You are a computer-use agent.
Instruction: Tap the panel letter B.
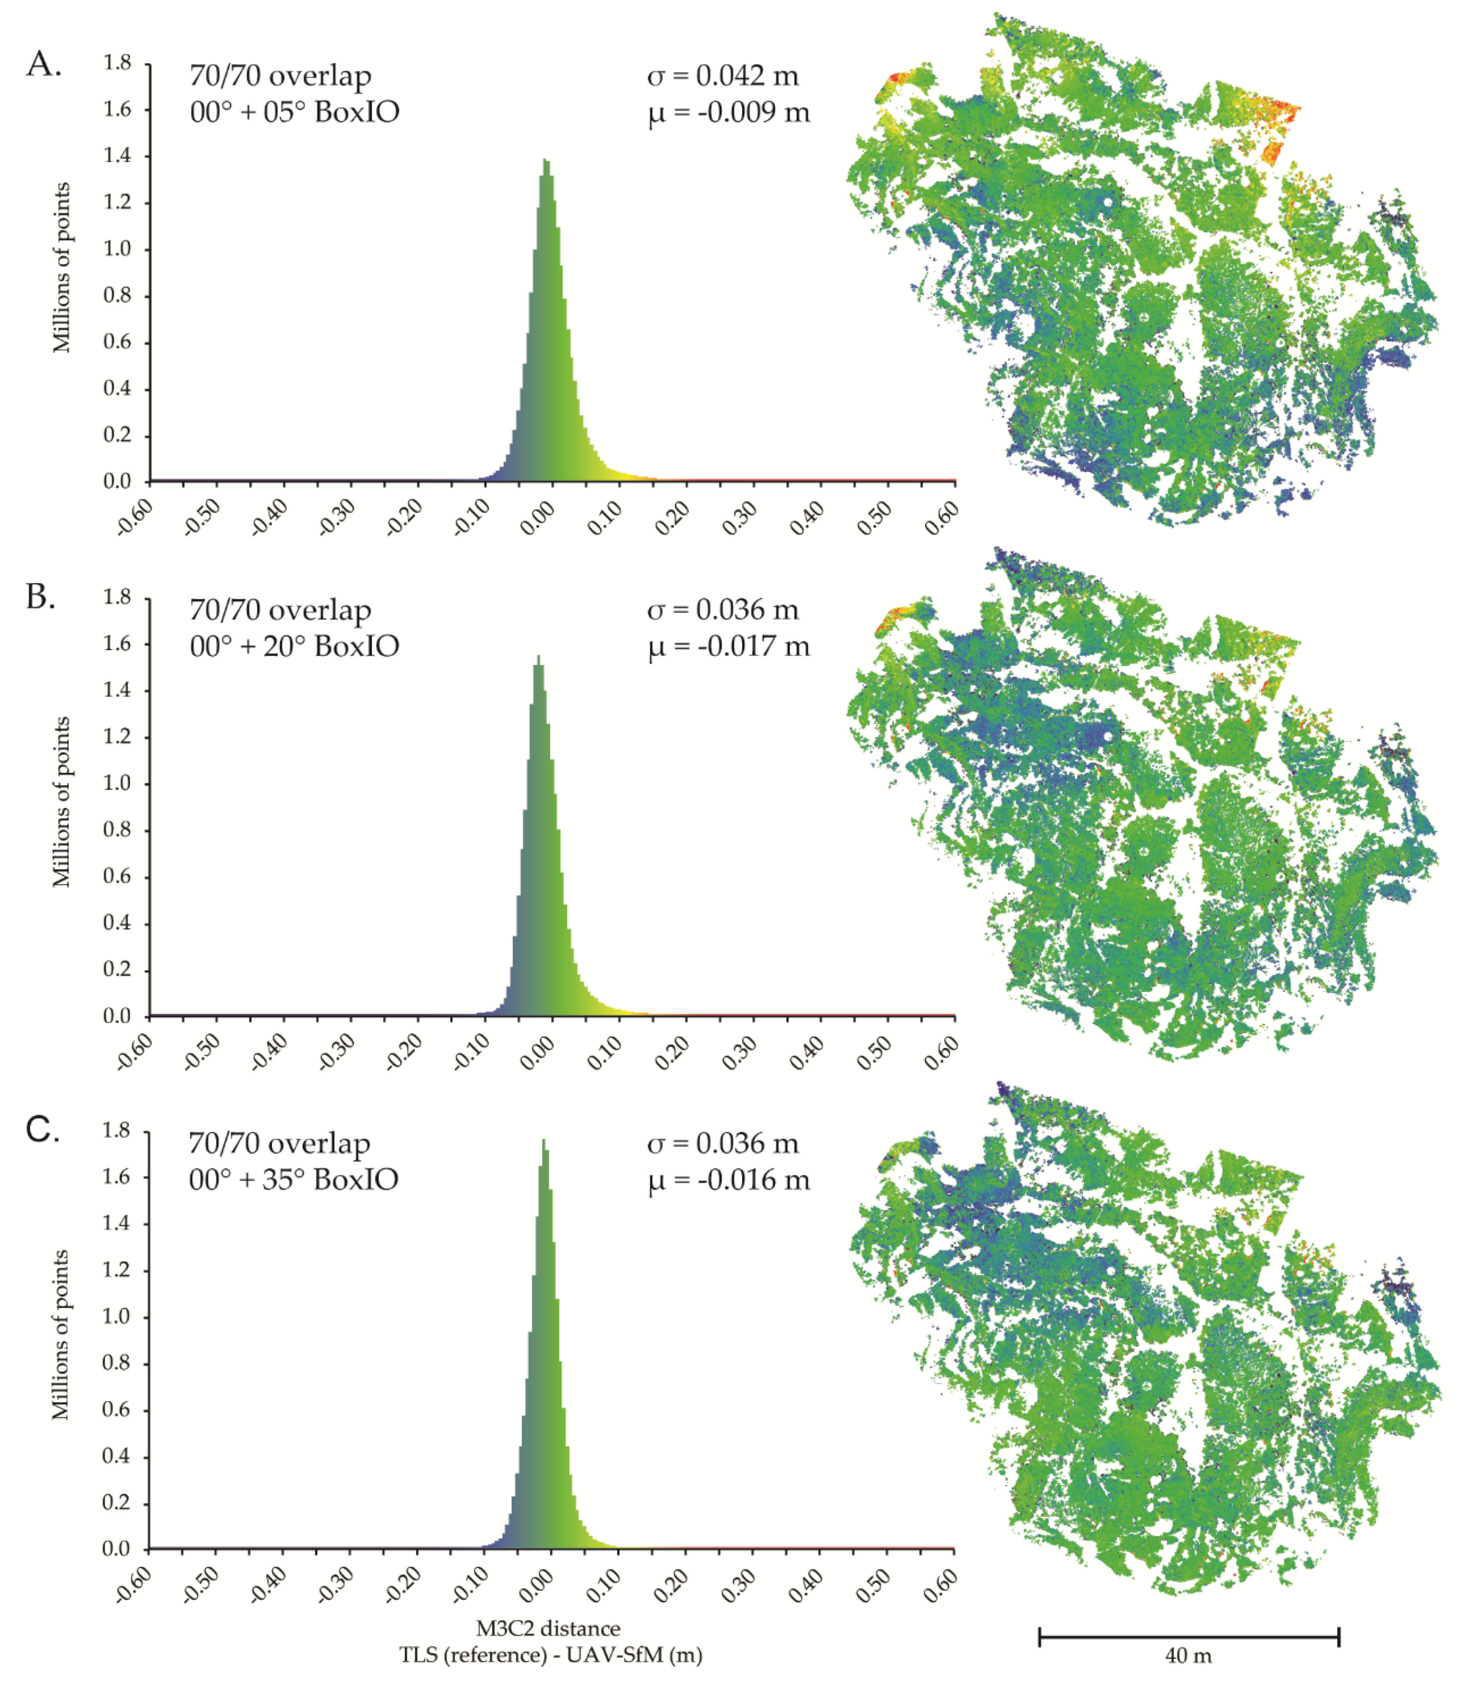41,597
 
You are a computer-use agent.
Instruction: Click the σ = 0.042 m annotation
722,76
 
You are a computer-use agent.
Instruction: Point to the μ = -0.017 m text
729,646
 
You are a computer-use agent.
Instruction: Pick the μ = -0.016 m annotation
729,1180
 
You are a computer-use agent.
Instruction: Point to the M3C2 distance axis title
548,1629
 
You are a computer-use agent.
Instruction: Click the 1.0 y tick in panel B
118,783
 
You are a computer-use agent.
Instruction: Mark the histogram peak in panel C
543,1141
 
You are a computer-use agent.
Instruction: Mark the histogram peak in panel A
546,161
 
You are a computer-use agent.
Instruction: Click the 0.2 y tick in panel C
118,1502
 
